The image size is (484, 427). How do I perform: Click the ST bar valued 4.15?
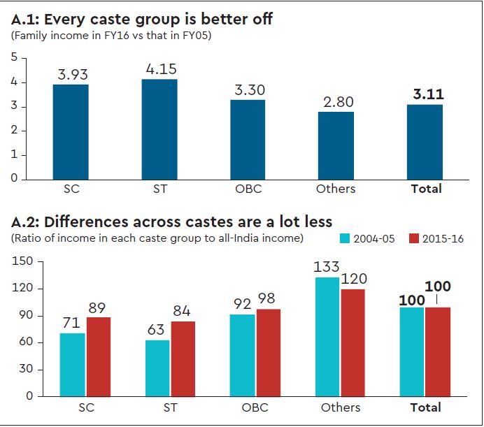click(159, 129)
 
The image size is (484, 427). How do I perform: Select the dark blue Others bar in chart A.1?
click(336, 145)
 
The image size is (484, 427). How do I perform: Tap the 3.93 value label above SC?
click(71, 75)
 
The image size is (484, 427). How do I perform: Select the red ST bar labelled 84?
click(183, 359)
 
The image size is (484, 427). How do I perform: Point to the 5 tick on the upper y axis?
click(13, 58)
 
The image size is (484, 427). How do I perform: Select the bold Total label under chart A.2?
click(425, 407)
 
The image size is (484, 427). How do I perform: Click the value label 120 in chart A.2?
click(353, 279)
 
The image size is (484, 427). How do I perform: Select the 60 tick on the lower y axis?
click(27, 342)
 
